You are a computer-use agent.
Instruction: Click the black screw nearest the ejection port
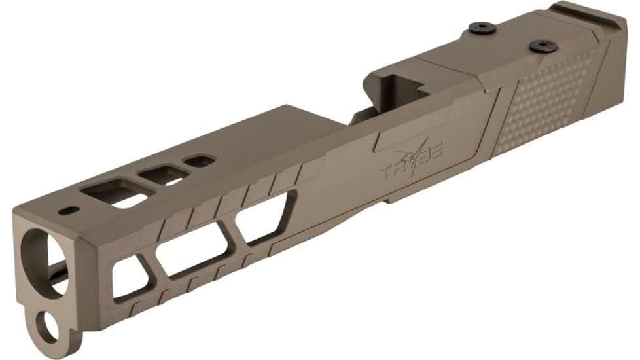[481, 27]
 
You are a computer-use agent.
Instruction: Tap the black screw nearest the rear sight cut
[542, 45]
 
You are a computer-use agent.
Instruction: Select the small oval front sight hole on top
[68, 210]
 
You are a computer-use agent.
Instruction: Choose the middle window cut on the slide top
[164, 175]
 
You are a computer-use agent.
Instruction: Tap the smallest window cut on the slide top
[199, 160]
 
